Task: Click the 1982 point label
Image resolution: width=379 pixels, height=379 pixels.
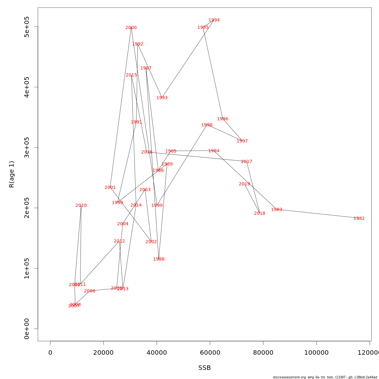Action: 359,219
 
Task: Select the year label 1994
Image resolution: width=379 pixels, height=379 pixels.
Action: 214,20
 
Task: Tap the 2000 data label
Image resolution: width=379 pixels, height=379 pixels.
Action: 131,28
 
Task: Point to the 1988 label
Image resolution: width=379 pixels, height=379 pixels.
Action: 159,259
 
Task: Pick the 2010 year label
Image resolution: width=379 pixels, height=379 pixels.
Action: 81,206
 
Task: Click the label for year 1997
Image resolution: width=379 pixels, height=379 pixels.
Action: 242,141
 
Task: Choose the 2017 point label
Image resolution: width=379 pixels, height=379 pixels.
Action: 246,162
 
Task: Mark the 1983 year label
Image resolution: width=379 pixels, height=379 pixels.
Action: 276,210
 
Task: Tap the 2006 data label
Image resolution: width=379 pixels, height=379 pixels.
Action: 89,291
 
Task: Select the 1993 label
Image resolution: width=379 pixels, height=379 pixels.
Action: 162,98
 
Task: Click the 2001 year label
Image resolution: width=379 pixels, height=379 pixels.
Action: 110,188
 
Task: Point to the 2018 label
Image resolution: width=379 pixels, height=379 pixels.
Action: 259,214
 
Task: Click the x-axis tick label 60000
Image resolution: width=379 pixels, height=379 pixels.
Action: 210,353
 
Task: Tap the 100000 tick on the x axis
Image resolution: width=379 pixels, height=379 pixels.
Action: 316,353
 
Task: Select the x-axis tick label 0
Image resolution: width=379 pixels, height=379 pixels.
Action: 50,353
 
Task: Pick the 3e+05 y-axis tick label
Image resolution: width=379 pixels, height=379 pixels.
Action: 27,147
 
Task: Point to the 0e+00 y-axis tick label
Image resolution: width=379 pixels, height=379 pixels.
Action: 27,328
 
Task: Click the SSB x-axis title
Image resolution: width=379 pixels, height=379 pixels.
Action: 204,368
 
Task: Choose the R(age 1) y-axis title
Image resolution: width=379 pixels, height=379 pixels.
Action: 12,174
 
